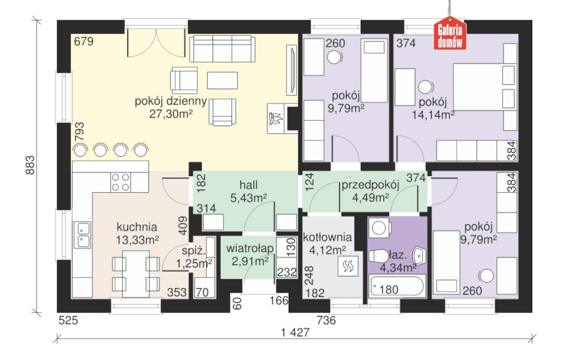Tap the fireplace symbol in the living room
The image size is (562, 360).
pyautogui.click(x=276, y=118)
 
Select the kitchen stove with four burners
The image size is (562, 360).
pyautogui.click(x=120, y=182)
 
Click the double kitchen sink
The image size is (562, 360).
pyautogui.click(x=82, y=234)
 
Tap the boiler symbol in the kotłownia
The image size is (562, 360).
pyautogui.click(x=347, y=267)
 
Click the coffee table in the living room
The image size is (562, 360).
pyautogui.click(x=223, y=80)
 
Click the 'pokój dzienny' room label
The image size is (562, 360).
pyautogui.click(x=171, y=101)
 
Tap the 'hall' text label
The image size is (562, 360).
pyautogui.click(x=248, y=185)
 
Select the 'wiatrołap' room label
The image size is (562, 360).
pyautogui.click(x=250, y=248)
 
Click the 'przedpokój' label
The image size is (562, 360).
pyautogui.click(x=370, y=185)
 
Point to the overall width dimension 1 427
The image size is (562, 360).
pyautogui.click(x=295, y=333)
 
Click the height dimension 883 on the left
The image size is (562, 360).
pyautogui.click(x=30, y=165)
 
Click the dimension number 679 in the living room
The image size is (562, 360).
pyautogui.click(x=83, y=42)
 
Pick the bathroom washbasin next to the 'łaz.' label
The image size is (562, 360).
pyautogui.click(x=419, y=255)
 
